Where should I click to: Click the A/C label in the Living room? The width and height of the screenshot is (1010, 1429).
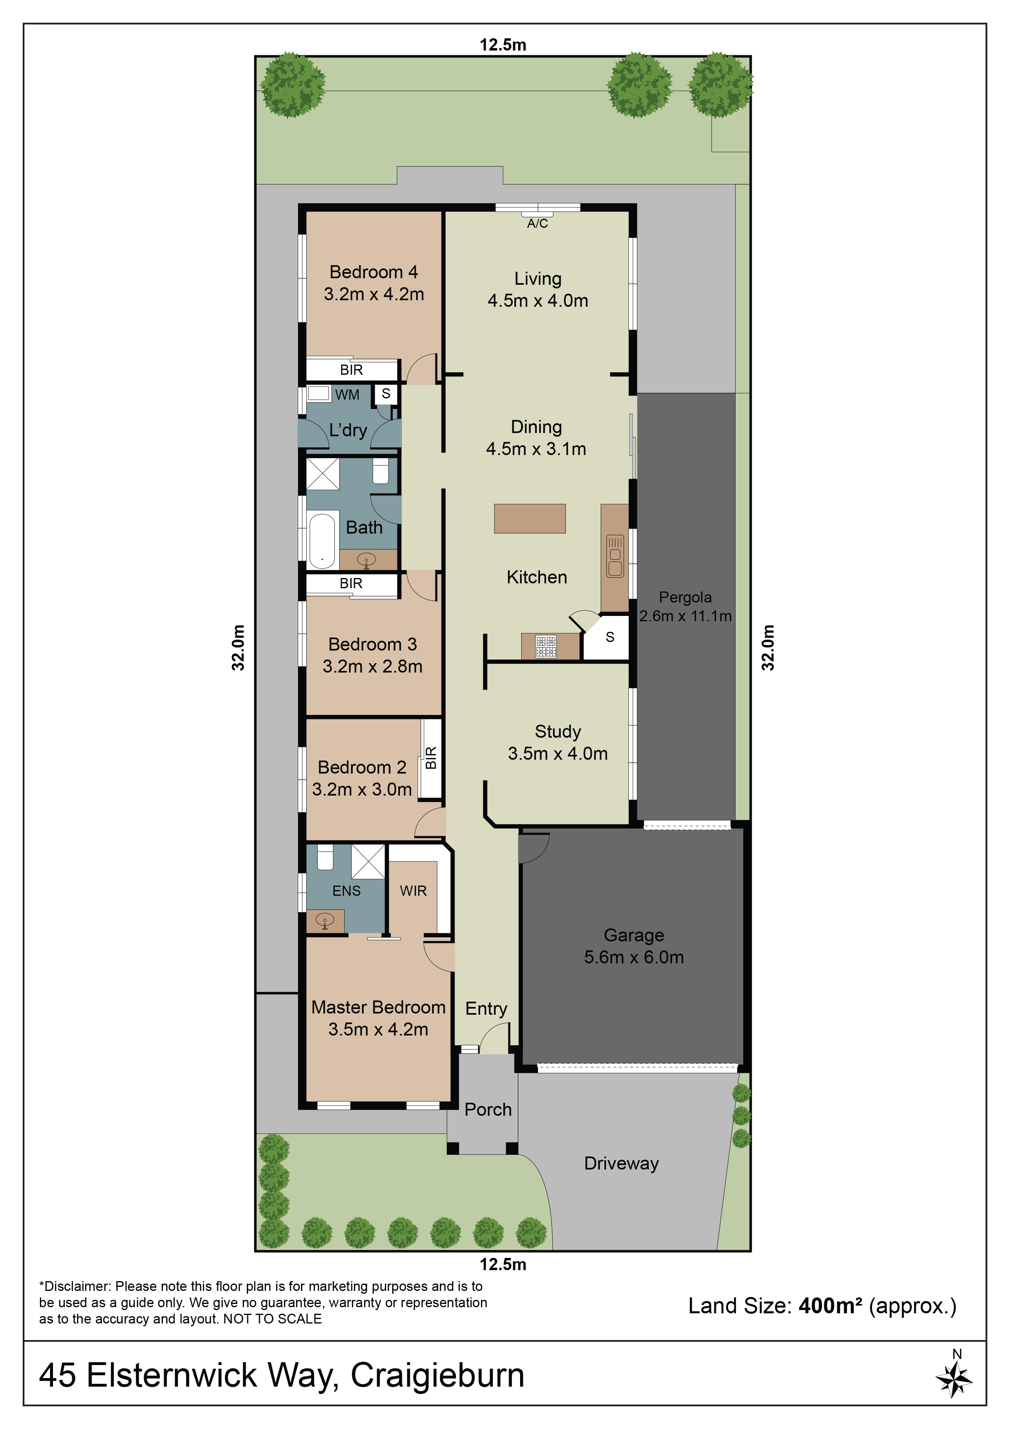537,224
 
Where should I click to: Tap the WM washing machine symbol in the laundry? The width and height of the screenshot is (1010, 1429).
318,394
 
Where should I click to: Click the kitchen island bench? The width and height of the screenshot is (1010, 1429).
529,519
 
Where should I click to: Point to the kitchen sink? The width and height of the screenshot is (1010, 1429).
615,556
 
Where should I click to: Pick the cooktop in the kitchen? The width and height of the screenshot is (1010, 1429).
546,646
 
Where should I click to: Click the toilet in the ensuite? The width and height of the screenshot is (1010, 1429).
325,857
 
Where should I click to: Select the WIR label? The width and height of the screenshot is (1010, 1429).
413,891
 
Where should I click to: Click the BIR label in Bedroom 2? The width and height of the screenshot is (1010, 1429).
430,757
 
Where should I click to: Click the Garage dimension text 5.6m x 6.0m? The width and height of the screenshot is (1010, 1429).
634,957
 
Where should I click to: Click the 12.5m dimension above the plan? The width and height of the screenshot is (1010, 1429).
503,45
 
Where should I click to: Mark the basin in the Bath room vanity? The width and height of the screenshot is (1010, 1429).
366,560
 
